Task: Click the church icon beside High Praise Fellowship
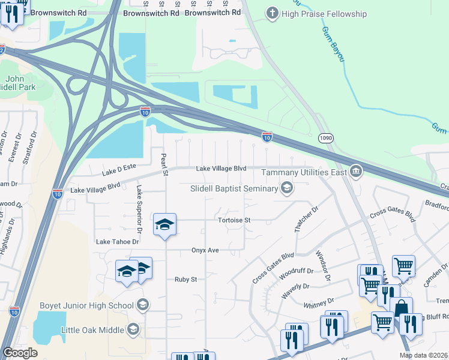click(273, 14)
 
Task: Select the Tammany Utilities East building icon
click(356, 173)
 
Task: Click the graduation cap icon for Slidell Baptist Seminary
click(287, 188)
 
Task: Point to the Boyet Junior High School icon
click(142, 305)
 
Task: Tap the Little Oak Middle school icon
click(133, 329)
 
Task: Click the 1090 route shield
click(325, 137)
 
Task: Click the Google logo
click(20, 353)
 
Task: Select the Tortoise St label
click(234, 220)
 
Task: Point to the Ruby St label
click(185, 279)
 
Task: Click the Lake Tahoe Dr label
click(118, 241)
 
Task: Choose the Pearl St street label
click(163, 164)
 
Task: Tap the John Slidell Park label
click(20, 83)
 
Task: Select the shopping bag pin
click(401, 307)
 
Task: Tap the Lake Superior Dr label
click(139, 209)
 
